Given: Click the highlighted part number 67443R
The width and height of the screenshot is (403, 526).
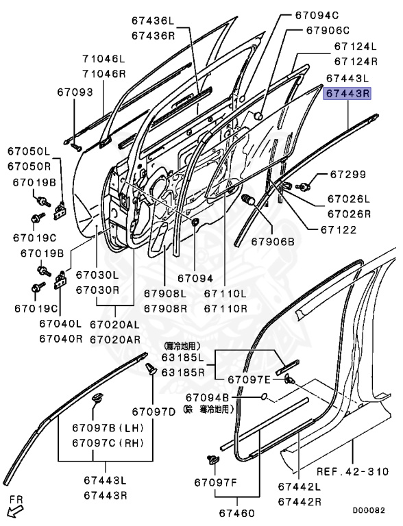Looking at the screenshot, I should click(347, 94).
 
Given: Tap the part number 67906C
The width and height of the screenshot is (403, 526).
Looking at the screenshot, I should click(328, 31).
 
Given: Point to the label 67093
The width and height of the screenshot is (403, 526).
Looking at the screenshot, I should click(74, 92).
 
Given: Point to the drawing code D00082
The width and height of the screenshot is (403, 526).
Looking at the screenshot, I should click(369, 510).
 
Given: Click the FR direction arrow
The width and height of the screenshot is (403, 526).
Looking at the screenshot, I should click(15, 508).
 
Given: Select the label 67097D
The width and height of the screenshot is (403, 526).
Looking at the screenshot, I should click(154, 411).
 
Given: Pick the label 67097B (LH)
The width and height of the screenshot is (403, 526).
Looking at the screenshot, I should click(106, 428).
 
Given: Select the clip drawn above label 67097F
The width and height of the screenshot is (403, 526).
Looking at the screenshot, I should click(210, 460).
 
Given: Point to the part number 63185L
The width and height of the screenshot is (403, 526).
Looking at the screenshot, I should click(183, 358).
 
